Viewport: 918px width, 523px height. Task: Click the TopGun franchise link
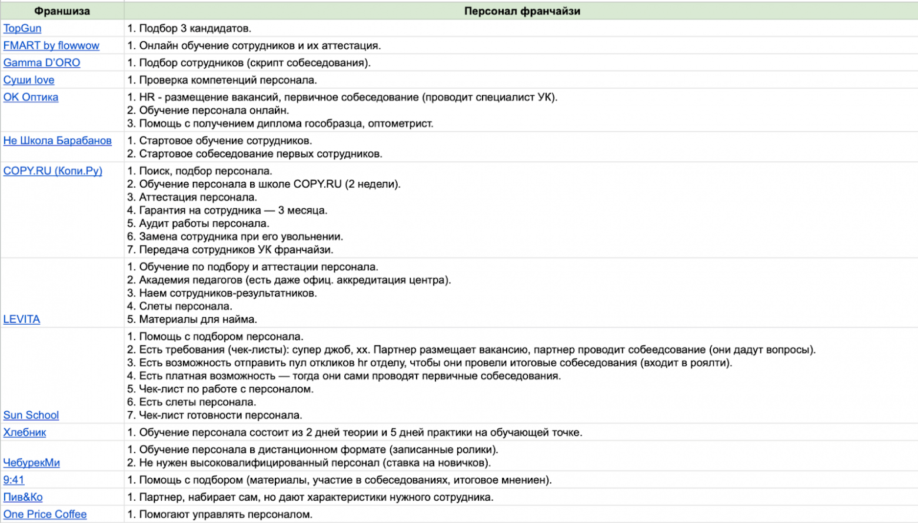(x=22, y=28)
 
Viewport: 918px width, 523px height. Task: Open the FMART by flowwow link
(x=51, y=45)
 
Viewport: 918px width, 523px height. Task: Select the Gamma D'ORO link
(x=42, y=62)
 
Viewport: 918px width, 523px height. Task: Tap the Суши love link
(x=29, y=80)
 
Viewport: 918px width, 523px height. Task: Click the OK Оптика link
(x=31, y=97)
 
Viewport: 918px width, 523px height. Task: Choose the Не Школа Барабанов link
(x=57, y=141)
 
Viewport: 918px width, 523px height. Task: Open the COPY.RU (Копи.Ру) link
(x=53, y=171)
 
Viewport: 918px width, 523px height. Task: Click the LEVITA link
(x=22, y=319)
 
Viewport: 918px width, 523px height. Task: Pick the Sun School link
(x=31, y=415)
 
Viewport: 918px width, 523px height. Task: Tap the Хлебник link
(x=25, y=432)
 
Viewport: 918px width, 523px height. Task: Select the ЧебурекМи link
(x=32, y=463)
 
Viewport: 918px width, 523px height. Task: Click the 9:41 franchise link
(x=14, y=480)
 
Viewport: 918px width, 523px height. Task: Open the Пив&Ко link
(x=23, y=497)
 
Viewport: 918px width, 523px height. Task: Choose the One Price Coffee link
(x=45, y=514)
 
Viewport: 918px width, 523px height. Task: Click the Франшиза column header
(x=62, y=11)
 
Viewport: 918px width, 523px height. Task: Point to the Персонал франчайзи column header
(x=522, y=11)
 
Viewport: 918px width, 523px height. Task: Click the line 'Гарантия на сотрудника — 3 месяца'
(x=227, y=211)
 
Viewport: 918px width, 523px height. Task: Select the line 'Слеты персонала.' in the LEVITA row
(x=180, y=307)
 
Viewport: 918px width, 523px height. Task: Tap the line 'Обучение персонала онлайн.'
(x=208, y=111)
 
